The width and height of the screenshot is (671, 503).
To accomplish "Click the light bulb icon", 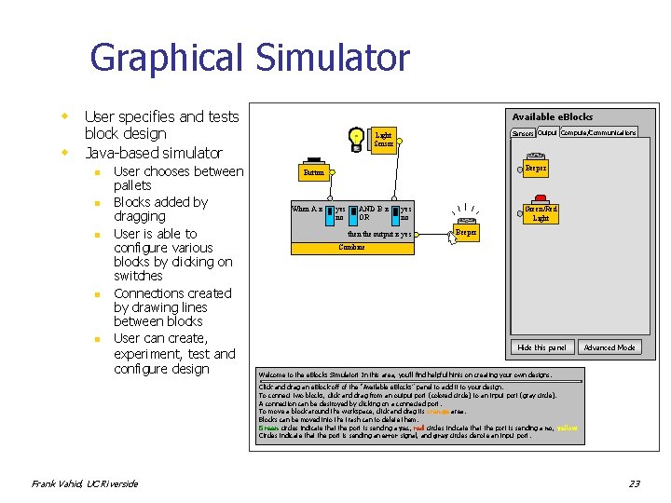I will tap(355, 137).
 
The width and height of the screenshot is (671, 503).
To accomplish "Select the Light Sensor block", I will tap(383, 140).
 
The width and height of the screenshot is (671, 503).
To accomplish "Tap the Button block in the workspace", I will tap(314, 172).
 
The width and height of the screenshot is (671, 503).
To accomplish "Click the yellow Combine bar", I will tap(351, 248).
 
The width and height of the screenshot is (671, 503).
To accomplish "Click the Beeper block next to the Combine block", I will tap(466, 231).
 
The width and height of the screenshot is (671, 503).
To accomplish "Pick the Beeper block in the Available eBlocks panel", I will tap(535, 169).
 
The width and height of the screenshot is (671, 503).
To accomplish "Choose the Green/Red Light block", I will tap(541, 213).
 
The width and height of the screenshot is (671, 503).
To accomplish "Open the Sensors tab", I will tap(523, 133).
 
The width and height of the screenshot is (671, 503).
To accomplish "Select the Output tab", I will tap(547, 132).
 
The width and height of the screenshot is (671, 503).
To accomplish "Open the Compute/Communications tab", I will tap(598, 132).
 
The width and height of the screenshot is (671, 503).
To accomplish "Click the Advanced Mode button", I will tap(609, 347).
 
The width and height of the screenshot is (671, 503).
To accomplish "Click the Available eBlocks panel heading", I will tap(552, 116).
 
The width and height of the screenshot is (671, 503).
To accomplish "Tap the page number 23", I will tap(634, 483).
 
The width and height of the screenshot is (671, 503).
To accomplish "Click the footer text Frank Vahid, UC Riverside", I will tap(85, 483).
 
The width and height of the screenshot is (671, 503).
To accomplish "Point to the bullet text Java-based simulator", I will tap(153, 153).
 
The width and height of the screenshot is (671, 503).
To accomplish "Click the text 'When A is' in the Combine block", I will tap(307, 209).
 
